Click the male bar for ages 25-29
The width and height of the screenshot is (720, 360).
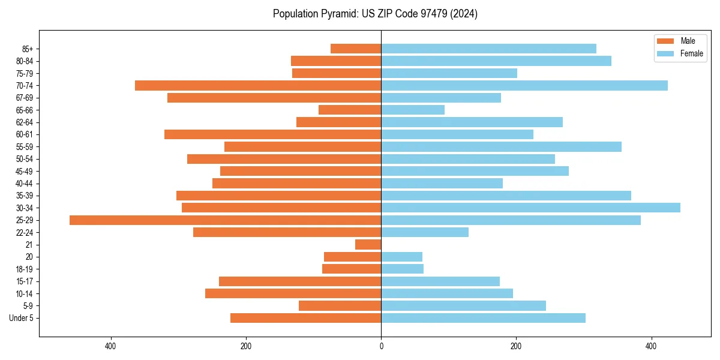225,220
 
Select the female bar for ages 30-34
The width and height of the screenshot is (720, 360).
530,208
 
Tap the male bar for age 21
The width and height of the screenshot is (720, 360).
368,245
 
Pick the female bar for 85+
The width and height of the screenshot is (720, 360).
488,49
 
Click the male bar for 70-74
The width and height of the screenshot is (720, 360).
258,86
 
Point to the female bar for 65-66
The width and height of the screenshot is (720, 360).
413,110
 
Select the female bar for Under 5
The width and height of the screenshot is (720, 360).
483,318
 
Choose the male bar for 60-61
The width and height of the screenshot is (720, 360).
272,134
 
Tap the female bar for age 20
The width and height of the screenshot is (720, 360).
401,257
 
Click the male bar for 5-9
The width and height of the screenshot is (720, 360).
340,306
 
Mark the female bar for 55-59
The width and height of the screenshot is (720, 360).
501,147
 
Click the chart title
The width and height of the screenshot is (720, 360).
375,14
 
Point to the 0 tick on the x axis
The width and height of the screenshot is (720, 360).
381,346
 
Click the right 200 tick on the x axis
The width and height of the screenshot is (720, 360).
516,346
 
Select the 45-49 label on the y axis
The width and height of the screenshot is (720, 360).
25,172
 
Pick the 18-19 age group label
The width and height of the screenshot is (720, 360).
25,269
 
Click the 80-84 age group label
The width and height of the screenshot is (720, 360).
25,61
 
